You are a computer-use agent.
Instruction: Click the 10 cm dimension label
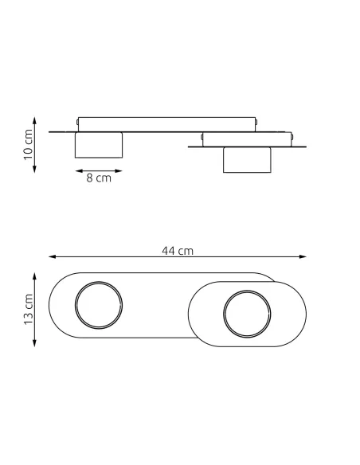28,144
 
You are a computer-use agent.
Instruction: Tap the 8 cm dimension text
99,178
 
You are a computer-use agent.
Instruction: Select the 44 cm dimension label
178,251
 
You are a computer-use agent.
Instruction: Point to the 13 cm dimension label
28,309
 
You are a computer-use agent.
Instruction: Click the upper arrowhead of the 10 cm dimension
34,120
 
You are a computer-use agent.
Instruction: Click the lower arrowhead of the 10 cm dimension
34,169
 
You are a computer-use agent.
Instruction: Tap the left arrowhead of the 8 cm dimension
79,171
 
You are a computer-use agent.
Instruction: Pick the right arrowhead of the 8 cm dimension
119,171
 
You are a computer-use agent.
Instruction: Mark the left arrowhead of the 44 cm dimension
53,256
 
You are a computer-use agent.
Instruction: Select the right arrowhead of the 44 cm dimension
303,256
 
